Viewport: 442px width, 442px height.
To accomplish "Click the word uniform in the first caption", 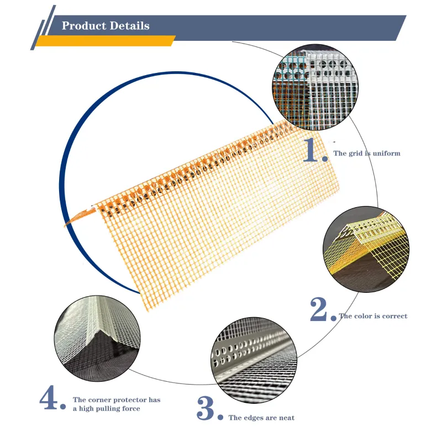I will pos(386,153).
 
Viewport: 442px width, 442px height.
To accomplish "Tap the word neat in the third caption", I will pos(286,418).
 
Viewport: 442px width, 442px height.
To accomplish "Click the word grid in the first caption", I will pos(355,153).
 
